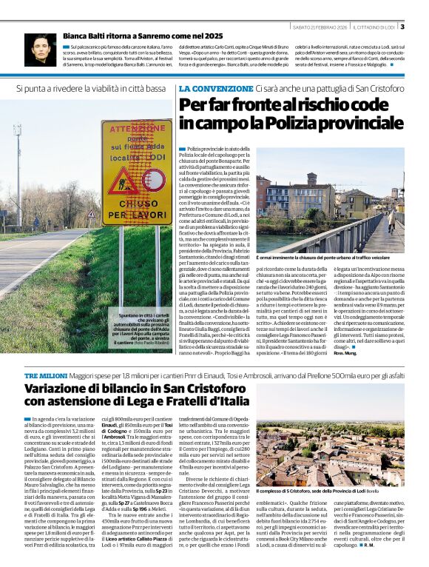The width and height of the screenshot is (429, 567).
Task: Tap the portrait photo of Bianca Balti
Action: click(x=39, y=49)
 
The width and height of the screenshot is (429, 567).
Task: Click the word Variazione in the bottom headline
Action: click(x=60, y=389)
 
